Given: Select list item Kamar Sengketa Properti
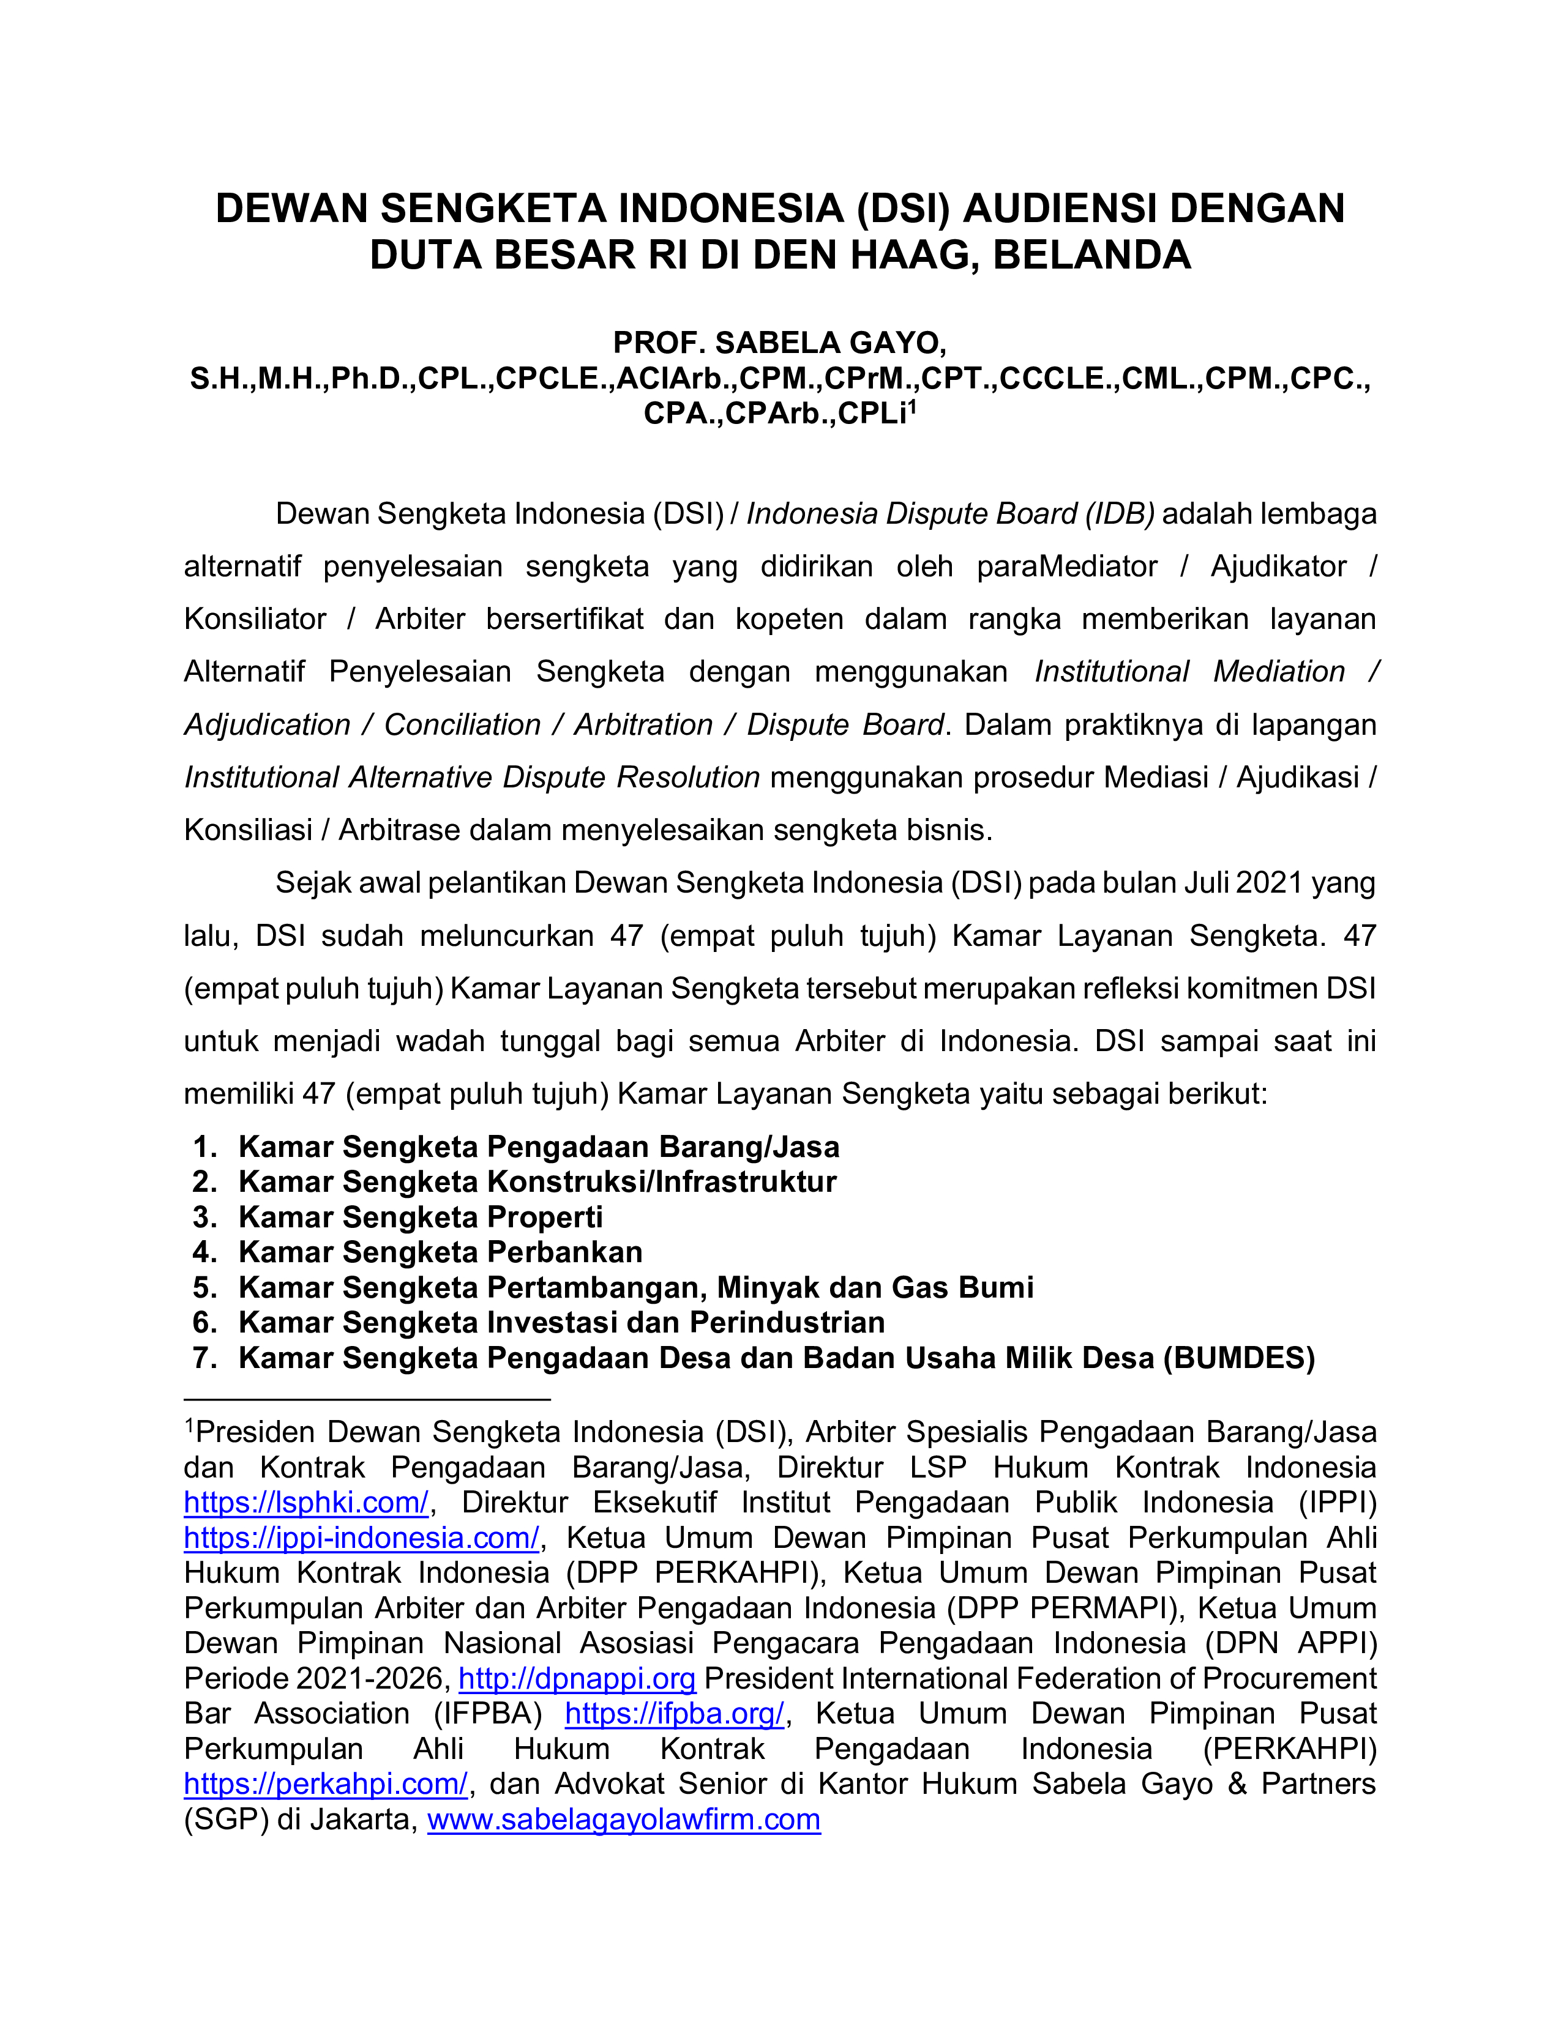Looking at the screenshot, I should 420,1216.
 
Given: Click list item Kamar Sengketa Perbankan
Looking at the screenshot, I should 440,1252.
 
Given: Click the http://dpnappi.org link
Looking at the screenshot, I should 577,1678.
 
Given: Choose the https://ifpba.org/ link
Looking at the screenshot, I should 675,1713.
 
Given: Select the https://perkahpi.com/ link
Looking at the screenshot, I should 326,1783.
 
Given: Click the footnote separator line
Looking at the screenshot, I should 367,1400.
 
